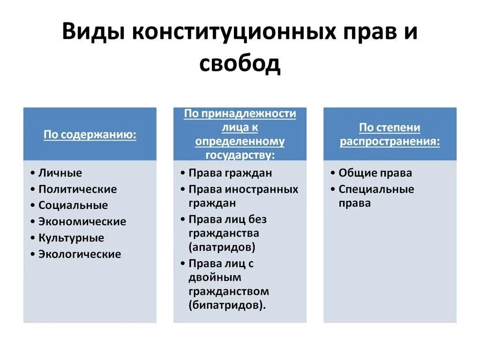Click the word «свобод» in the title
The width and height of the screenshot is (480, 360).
pos(240,64)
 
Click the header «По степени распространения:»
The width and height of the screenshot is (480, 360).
pos(390,135)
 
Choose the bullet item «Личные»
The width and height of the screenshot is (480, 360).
pos(60,173)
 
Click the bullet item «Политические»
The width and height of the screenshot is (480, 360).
pos(77,189)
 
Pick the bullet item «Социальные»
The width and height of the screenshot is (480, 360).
pos(73,205)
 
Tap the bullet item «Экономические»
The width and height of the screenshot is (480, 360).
pos(82,222)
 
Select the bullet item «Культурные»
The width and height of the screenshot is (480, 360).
pos(71,238)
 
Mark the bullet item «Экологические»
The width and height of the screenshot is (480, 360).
pos(80,254)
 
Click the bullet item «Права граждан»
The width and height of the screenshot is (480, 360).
pos(230,173)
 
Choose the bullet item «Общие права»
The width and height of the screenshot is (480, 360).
pos(375,173)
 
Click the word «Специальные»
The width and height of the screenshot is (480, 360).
pos(376,189)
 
